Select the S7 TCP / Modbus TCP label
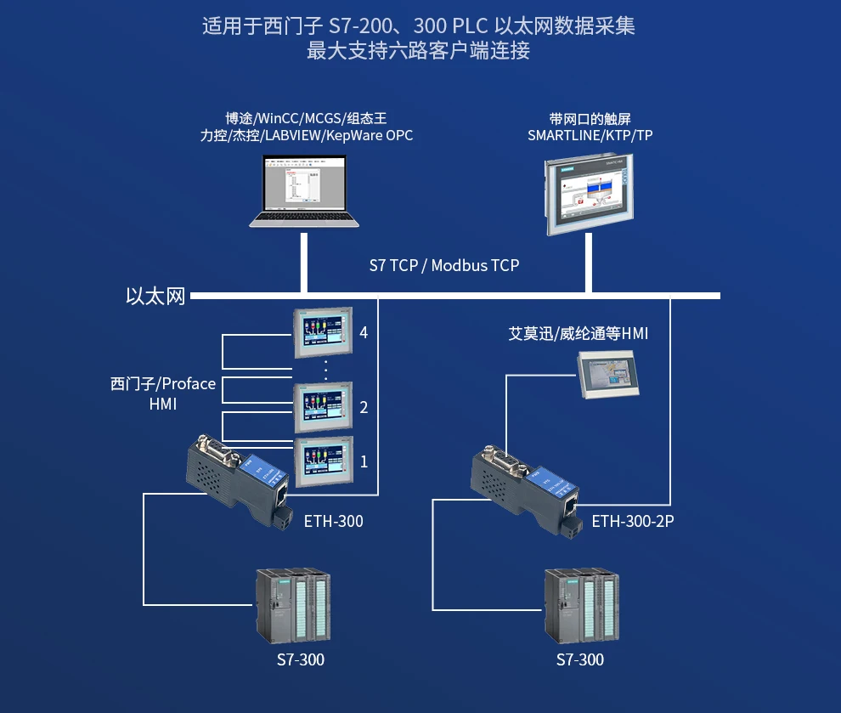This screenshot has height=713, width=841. click(443, 265)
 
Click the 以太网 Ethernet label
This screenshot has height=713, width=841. click(155, 297)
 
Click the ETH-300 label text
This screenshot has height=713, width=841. click(333, 521)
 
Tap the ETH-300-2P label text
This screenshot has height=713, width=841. click(633, 521)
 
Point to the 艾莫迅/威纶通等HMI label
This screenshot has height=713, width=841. click(578, 334)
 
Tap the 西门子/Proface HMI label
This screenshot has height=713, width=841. click(163, 393)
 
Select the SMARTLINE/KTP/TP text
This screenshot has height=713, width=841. click(590, 136)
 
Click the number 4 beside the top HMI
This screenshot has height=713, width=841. click(364, 332)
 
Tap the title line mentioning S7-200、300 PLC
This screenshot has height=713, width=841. click(419, 26)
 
